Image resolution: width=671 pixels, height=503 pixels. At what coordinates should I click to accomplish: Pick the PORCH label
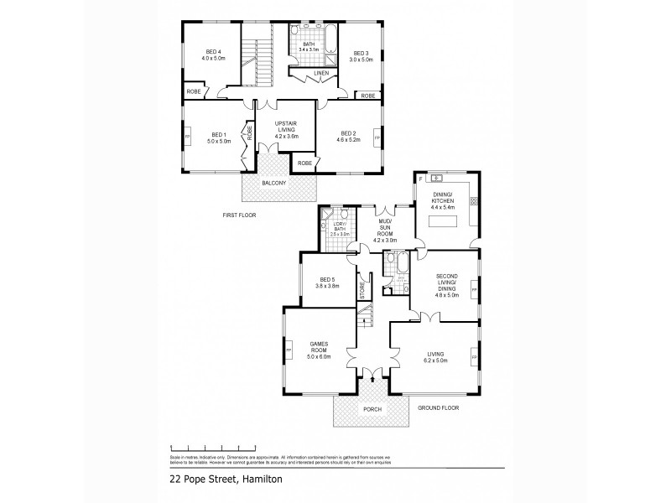click(372, 409)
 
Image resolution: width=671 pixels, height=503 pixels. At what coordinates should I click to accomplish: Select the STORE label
click(362, 290)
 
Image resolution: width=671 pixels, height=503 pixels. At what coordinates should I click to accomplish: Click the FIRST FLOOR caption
click(239, 215)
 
